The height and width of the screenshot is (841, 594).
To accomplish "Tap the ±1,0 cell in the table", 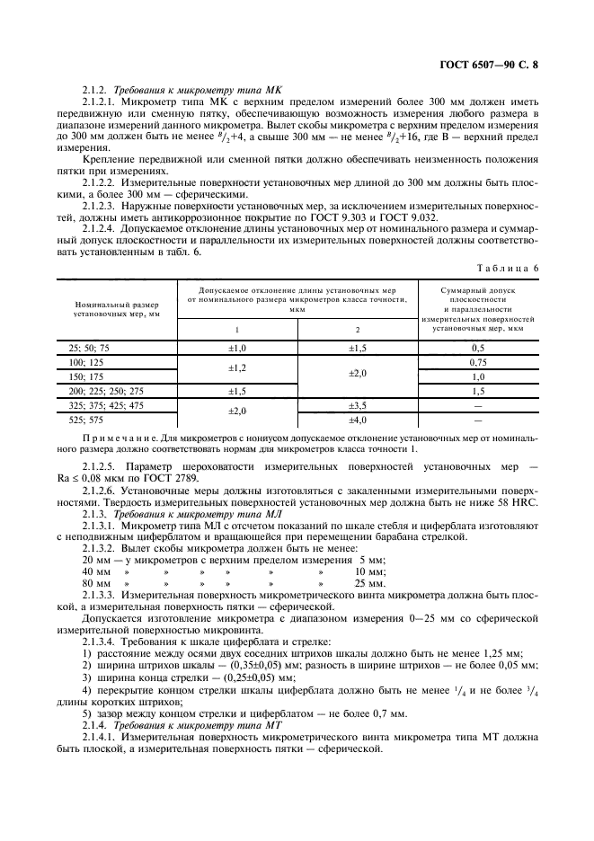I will (x=236, y=347).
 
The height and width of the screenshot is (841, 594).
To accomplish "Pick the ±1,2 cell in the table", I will (x=236, y=368).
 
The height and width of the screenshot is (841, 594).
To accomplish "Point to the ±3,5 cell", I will (x=359, y=406).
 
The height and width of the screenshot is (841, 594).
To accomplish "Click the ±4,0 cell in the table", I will (x=359, y=420).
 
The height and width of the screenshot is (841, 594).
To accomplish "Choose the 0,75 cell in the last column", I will (x=478, y=361).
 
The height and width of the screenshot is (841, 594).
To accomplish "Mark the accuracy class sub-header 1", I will (x=236, y=330).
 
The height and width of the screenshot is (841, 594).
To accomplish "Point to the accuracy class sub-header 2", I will (x=359, y=330).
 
